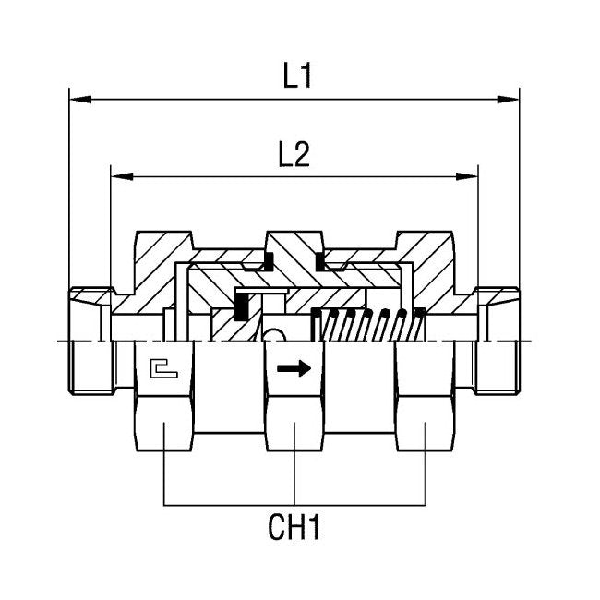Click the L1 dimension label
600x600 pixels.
coord(297,77)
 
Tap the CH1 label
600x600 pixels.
coord(296,529)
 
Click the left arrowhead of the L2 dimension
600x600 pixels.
coord(118,174)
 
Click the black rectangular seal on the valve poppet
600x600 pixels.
coord(243,306)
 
